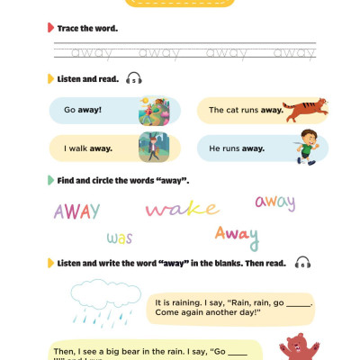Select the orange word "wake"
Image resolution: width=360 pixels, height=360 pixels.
[182, 210]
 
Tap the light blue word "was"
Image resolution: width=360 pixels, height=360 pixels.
[119, 238]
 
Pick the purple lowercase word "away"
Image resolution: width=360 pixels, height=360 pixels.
[274, 202]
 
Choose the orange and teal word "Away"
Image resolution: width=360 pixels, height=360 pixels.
[236, 236]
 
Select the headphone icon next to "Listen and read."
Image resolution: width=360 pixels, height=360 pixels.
[134, 79]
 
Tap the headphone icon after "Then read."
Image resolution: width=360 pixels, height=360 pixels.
[301, 263]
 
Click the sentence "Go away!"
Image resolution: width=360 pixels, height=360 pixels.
[82, 110]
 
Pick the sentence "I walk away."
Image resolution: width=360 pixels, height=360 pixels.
[84, 146]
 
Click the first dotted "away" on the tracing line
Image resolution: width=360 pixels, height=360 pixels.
[90, 52]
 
